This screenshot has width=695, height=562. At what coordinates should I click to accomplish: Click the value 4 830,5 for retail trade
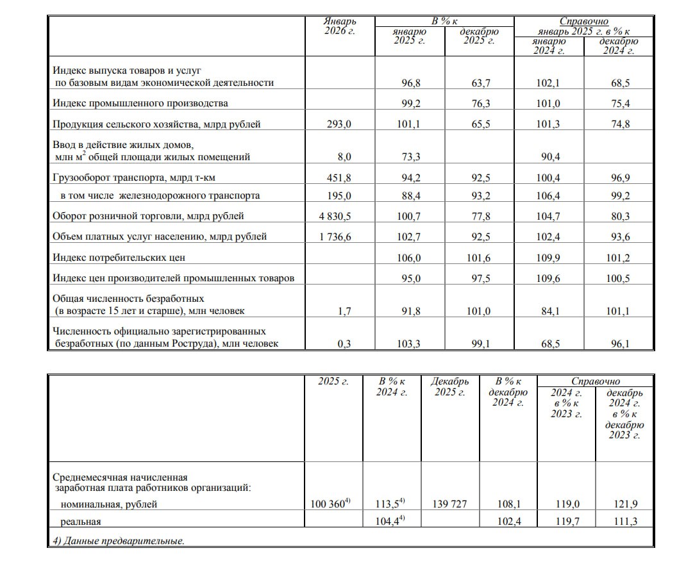click(336, 217)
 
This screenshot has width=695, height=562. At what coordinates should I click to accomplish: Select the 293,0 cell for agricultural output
click(339, 124)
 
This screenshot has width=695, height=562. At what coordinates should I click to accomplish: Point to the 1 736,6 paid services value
click(336, 237)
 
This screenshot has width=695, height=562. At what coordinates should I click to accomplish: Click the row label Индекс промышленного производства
click(140, 103)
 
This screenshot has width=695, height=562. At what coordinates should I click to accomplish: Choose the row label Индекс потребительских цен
click(131, 258)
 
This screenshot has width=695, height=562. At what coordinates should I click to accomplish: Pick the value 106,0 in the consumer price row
click(408, 258)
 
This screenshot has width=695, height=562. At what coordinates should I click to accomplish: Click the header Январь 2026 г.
click(340, 26)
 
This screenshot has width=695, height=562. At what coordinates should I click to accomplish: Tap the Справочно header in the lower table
click(596, 381)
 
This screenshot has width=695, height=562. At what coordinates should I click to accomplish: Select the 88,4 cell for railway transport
click(408, 195)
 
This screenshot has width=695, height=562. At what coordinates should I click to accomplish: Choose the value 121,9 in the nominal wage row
click(625, 504)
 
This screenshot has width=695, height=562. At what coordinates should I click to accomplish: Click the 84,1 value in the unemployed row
click(548, 311)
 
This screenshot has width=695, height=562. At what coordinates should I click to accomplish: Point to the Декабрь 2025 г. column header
click(449, 386)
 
